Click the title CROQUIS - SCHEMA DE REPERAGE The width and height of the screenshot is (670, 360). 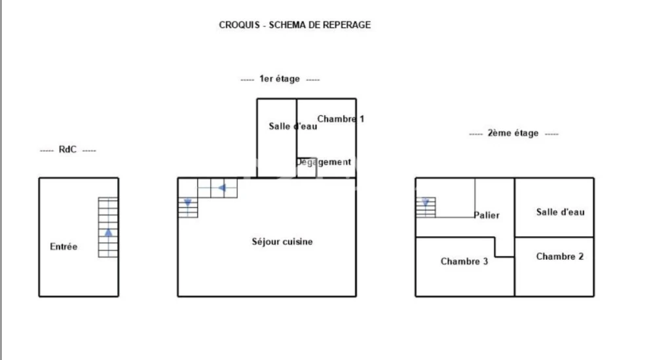click(295, 25)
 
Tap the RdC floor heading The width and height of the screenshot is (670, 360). click(67, 149)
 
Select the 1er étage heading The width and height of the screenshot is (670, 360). click(280, 79)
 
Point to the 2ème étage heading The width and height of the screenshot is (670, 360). click(513, 134)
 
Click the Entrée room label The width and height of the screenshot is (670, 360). click(64, 246)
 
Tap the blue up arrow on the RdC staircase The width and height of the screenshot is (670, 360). click(109, 232)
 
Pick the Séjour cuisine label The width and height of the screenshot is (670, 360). click(282, 242)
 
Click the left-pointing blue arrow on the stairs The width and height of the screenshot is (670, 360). click(222, 188)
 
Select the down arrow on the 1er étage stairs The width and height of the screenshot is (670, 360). click(187, 202)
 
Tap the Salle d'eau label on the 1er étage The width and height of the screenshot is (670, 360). click(293, 126)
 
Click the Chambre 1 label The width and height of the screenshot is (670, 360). click(341, 119)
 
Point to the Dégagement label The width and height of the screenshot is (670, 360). click(323, 162)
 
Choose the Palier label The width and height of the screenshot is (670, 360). click(486, 215)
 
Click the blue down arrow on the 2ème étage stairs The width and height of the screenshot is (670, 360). click(425, 202)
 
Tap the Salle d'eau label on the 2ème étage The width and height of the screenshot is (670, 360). click(560, 212)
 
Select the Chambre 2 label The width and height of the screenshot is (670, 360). click(560, 257)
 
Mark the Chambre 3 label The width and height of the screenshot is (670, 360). click(464, 261)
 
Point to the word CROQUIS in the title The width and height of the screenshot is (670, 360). click(239, 25)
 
